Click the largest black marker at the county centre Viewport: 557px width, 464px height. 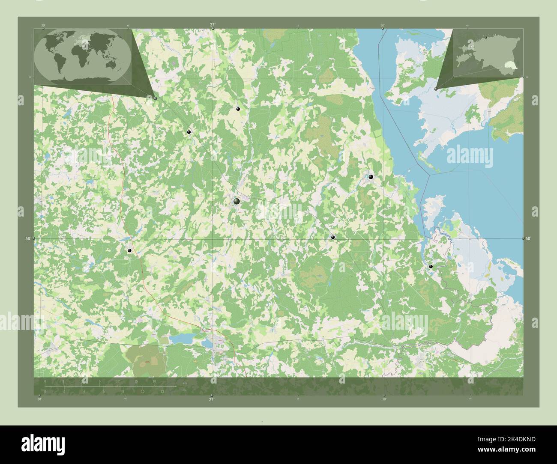tap(237, 201)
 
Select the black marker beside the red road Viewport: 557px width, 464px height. tap(129, 251)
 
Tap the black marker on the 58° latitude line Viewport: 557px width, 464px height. tap(332, 237)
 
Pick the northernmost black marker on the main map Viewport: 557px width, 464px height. tap(238, 110)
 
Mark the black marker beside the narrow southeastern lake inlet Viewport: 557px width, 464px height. tap(431, 267)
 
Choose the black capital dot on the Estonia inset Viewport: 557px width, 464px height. tap(485, 38)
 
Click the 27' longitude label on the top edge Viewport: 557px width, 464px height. tap(213, 25)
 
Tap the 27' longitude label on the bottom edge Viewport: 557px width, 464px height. tap(211, 399)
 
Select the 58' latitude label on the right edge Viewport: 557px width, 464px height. tap(528, 238)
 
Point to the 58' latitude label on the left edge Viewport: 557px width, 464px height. tap(28, 238)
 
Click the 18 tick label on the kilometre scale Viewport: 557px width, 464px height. tap(154, 381)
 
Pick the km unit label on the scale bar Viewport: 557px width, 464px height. tap(185, 383)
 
